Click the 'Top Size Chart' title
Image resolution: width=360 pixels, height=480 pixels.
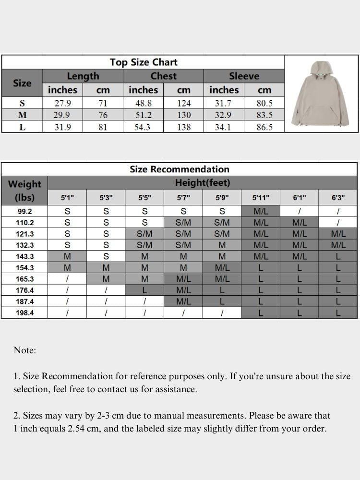tap(143, 62)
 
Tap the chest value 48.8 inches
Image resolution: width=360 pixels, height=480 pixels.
tap(143, 103)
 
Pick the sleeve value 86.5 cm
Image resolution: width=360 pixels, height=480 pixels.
tap(264, 127)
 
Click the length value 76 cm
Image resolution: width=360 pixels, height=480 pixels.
tap(103, 115)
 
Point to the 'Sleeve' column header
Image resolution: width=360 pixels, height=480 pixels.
tap(244, 76)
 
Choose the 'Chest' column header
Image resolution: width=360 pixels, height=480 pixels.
tap(163, 76)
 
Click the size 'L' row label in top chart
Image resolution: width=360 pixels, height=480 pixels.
tap(22, 127)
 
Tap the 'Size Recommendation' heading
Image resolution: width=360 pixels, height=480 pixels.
tap(179, 169)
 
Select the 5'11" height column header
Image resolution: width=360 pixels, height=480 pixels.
tap(261, 197)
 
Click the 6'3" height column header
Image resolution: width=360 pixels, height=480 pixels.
tap(338, 197)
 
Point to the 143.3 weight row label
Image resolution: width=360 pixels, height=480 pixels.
tap(24, 256)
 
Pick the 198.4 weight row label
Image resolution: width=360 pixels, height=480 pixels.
tap(24, 313)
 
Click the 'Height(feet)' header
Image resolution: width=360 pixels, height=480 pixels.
tap(203, 183)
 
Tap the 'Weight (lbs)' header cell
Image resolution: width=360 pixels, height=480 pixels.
tap(24, 190)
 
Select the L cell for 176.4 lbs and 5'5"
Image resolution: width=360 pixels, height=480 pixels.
tap(144, 290)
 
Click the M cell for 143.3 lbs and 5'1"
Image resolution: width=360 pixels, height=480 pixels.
tap(67, 256)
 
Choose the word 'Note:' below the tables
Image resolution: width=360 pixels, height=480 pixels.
tap(25, 350)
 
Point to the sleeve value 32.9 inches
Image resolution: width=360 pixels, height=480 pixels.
tap(223, 115)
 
